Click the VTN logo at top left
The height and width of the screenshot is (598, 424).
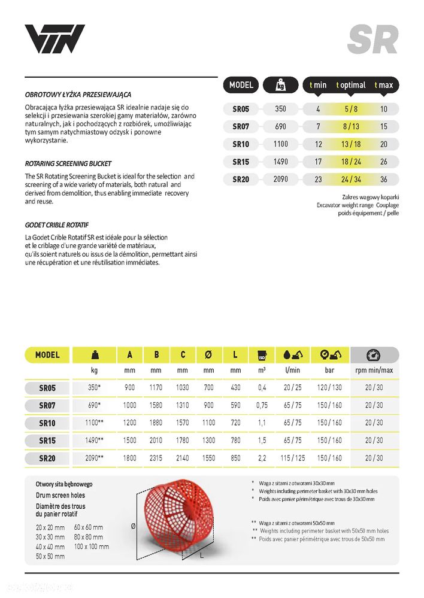pyautogui.click(x=54, y=39)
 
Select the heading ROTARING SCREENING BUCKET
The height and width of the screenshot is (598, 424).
pyautogui.click(x=68, y=163)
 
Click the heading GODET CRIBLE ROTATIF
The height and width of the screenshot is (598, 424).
pyautogui.click(x=57, y=225)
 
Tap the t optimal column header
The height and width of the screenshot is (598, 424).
pyautogui.click(x=351, y=85)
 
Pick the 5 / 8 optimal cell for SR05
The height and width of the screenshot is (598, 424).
pyautogui.click(x=351, y=110)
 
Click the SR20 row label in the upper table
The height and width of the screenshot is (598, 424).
pyautogui.click(x=241, y=179)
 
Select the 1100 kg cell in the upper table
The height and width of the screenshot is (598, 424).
pyautogui.click(x=281, y=144)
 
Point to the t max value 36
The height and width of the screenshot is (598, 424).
pyautogui.click(x=384, y=179)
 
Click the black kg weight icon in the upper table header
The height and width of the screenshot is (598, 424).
pyautogui.click(x=281, y=85)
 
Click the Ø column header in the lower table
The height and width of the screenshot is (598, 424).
pyautogui.click(x=208, y=355)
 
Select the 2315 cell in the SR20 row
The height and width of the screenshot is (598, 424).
pyautogui.click(x=156, y=458)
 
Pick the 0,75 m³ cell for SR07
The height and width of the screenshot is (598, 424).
pyautogui.click(x=261, y=405)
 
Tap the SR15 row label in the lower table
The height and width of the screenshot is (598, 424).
pyautogui.click(x=47, y=441)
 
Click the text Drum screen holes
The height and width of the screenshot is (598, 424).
pyautogui.click(x=60, y=495)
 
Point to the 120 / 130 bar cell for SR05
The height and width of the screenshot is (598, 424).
pyautogui.click(x=330, y=388)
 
